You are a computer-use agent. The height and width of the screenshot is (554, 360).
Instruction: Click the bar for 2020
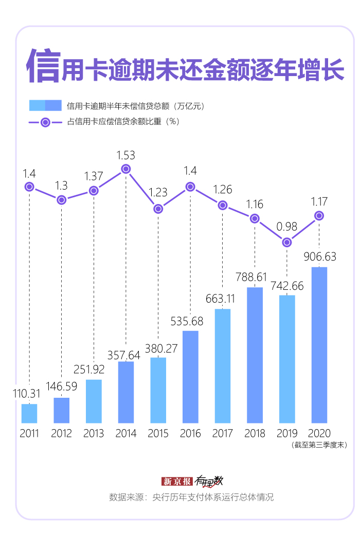pyautogui.click(x=319, y=345)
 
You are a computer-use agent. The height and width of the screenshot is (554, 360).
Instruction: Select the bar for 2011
pyautogui.click(x=29, y=413)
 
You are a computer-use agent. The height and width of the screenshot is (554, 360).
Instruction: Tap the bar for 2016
pyautogui.click(x=190, y=377)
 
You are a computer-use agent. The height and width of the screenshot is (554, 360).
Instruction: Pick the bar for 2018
pyautogui.click(x=255, y=355)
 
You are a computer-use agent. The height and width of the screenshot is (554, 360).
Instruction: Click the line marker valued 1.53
pyautogui.click(x=126, y=169)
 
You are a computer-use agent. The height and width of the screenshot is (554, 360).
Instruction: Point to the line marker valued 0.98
pyautogui.click(x=287, y=242)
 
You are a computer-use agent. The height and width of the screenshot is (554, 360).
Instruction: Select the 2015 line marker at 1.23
pyautogui.click(x=158, y=209)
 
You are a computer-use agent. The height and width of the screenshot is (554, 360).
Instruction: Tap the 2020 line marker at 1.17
pyautogui.click(x=319, y=215)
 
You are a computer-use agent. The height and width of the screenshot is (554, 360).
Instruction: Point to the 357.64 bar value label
pyautogui.click(x=125, y=355)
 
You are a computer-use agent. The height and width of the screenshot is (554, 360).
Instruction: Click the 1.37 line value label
pyautogui.click(x=94, y=176)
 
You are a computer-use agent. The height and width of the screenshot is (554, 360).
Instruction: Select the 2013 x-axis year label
pyautogui.click(x=94, y=433)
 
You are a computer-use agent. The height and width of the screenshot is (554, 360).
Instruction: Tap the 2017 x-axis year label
pyautogui.click(x=223, y=433)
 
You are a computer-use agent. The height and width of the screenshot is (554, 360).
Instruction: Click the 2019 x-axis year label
pyautogui.click(x=287, y=433)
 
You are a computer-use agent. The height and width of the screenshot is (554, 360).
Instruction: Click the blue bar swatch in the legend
pyautogui.click(x=45, y=106)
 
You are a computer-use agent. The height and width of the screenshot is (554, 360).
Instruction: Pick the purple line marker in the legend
pyautogui.click(x=45, y=122)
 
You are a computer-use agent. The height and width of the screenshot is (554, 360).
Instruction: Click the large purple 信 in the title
pyautogui.click(x=43, y=66)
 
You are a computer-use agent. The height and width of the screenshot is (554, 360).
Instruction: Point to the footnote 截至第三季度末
pyautogui.click(x=319, y=445)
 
